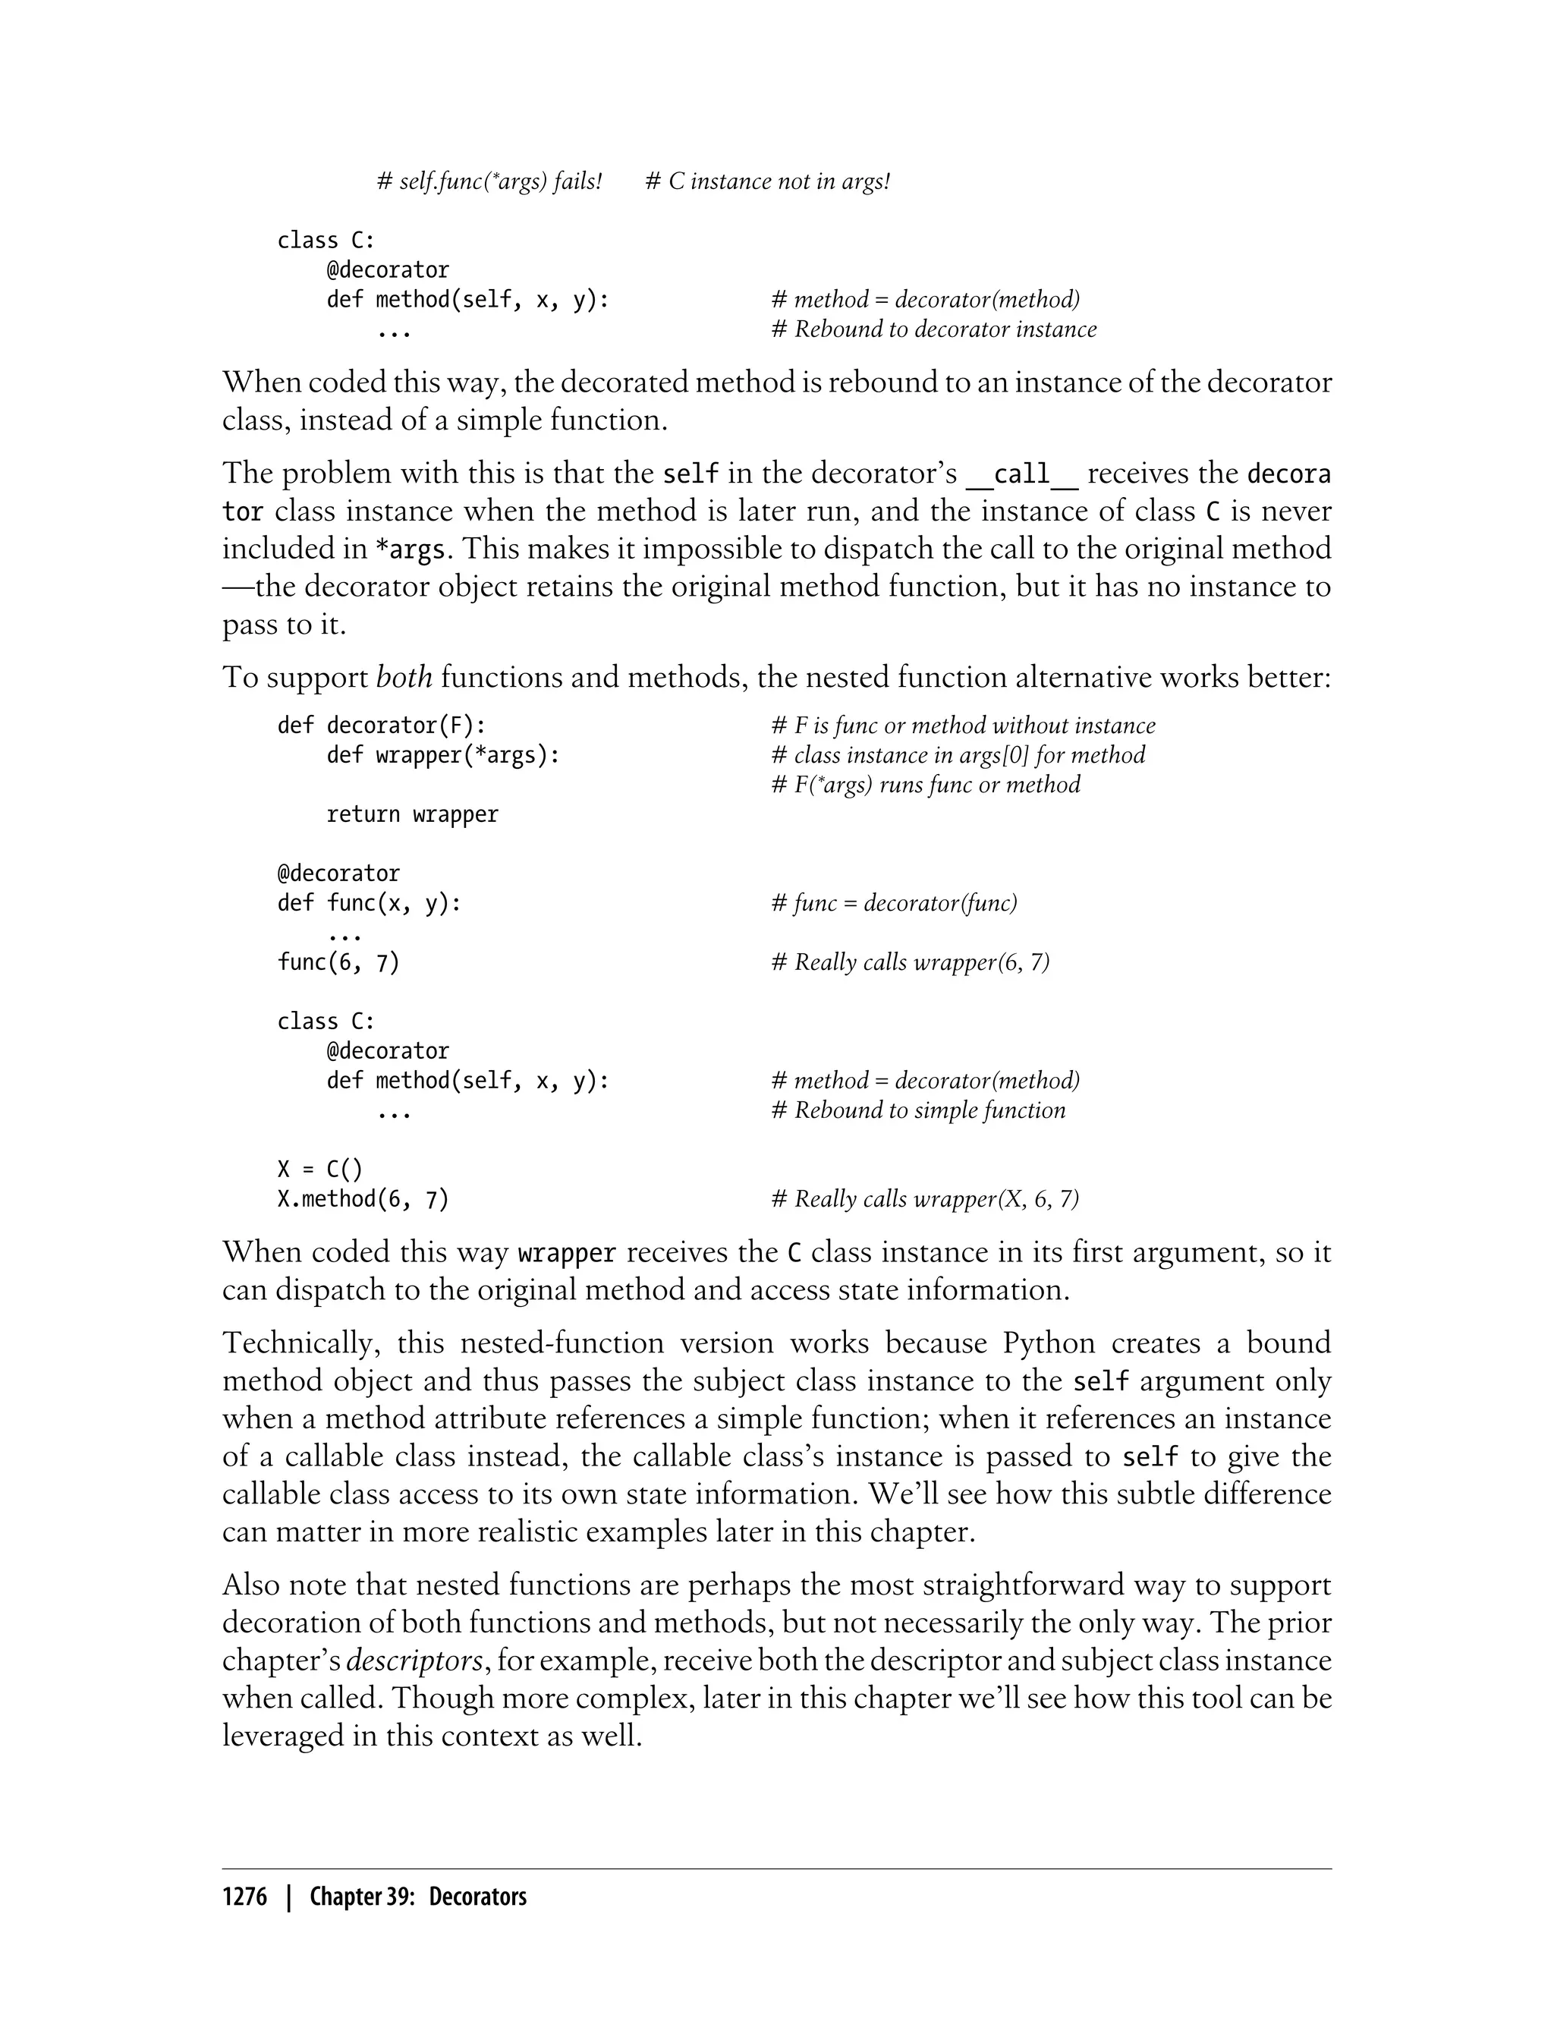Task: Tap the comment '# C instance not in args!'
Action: coord(767,181)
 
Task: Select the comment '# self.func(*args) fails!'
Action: coord(489,181)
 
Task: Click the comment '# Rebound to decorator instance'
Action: coord(933,329)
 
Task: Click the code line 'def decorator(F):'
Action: coord(381,726)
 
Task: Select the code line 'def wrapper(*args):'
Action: coord(443,755)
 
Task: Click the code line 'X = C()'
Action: coord(320,1170)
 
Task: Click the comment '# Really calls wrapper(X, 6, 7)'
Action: coord(925,1199)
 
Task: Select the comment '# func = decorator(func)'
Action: coord(894,903)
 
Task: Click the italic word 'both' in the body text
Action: coord(404,677)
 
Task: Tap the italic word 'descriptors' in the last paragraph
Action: coord(414,1661)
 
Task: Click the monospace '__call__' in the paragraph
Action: coord(1021,474)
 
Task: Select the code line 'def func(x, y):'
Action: coord(369,903)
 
